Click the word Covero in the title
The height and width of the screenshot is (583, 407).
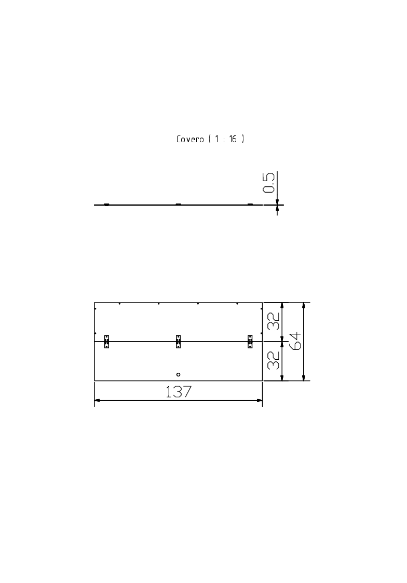[x=190, y=139]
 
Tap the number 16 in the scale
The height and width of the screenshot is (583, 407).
[x=233, y=139]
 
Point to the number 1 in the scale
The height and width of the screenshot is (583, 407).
[x=216, y=139]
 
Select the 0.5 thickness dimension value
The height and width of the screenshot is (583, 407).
[x=269, y=182]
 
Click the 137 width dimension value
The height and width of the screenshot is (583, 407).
[x=179, y=391]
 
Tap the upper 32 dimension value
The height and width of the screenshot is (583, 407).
[x=274, y=321]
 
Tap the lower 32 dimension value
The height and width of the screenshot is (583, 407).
[x=274, y=360]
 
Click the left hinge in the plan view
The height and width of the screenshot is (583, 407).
[x=106, y=341]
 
